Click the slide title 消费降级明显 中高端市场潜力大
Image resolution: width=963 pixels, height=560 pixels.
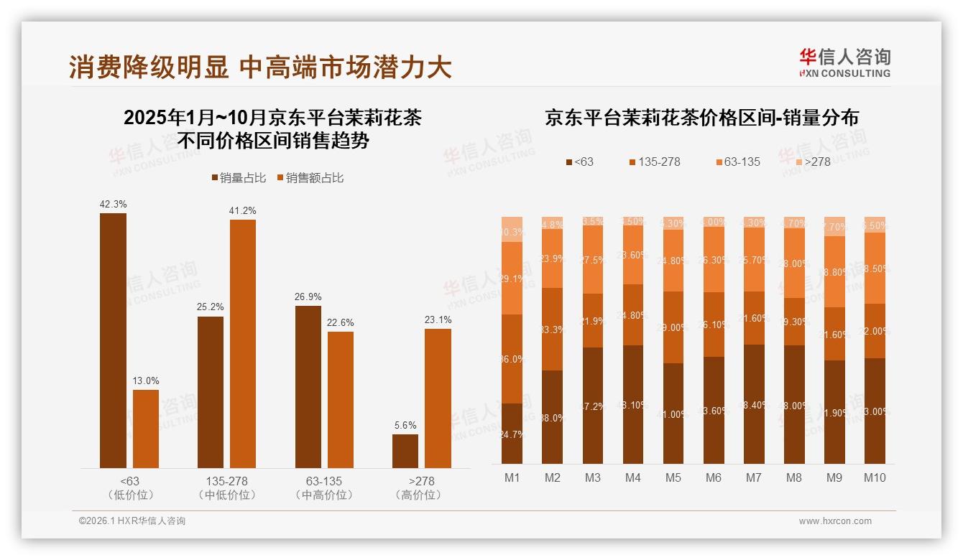coord(260,67)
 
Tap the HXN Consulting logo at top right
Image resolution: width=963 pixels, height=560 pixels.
coord(844,63)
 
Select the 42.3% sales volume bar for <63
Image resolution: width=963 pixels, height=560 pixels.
coord(113,340)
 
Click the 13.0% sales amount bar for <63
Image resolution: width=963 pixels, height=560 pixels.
coord(146,429)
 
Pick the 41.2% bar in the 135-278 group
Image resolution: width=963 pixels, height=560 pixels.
coord(243,344)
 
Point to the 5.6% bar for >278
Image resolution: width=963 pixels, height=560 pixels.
coord(405,451)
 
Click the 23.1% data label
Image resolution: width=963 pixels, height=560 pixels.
coord(438,319)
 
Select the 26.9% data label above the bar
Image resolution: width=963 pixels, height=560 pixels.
coord(308,297)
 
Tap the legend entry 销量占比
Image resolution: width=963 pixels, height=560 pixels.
coord(239,178)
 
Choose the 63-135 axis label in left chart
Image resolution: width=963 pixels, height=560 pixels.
coord(324,481)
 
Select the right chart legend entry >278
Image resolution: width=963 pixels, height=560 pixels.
coord(811,162)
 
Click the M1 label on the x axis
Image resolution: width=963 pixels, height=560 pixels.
coord(512,478)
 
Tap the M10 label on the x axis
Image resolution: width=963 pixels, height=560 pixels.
coord(875,478)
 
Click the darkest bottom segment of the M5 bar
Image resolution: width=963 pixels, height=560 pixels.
coord(673,414)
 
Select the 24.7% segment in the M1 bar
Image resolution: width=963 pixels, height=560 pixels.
coord(512,434)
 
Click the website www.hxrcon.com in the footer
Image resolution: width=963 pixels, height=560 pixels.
coord(835,521)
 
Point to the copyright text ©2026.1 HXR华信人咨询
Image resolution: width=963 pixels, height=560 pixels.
coord(132,521)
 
